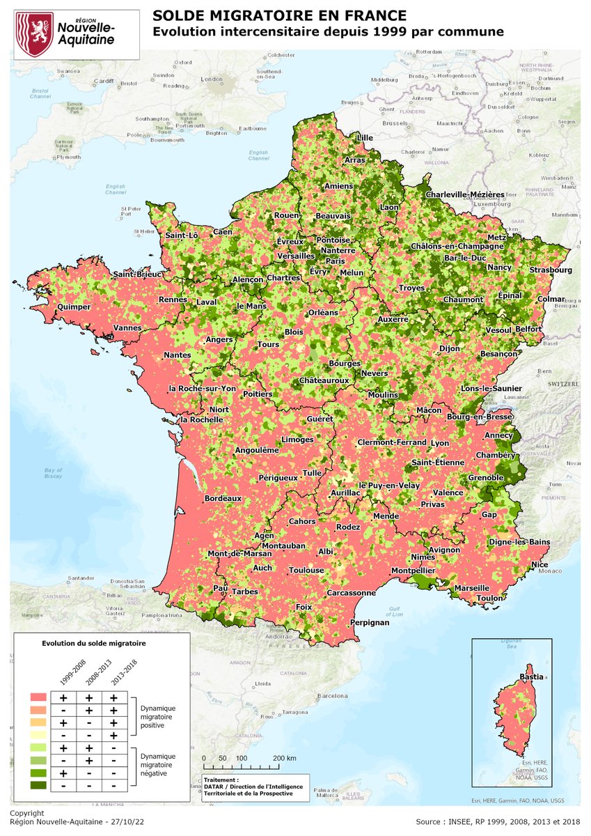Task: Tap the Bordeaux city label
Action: (223, 499)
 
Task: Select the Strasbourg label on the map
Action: (549, 270)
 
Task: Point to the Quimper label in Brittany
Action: (74, 305)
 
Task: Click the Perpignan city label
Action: (369, 622)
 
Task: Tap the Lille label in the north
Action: (365, 138)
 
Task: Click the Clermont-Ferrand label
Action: (392, 442)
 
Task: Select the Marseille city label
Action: (471, 588)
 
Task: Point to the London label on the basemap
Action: (210, 79)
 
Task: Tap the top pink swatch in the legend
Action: (38, 697)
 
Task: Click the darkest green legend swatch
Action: (38, 785)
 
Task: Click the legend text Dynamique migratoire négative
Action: (159, 764)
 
